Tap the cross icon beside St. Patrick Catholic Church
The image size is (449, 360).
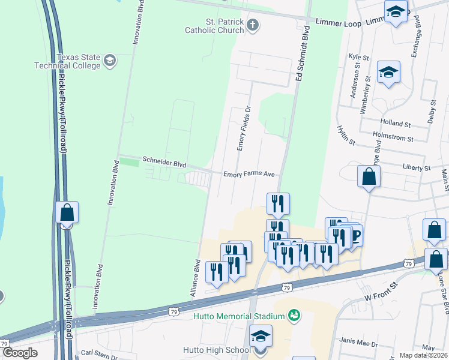[253, 25]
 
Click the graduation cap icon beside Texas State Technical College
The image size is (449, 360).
[110, 60]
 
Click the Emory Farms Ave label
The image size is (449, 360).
[249, 175]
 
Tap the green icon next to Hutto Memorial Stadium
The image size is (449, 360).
[294, 314]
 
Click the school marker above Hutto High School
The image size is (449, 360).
[261, 336]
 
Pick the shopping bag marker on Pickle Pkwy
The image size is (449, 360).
[67, 212]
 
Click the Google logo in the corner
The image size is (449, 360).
[20, 353]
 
